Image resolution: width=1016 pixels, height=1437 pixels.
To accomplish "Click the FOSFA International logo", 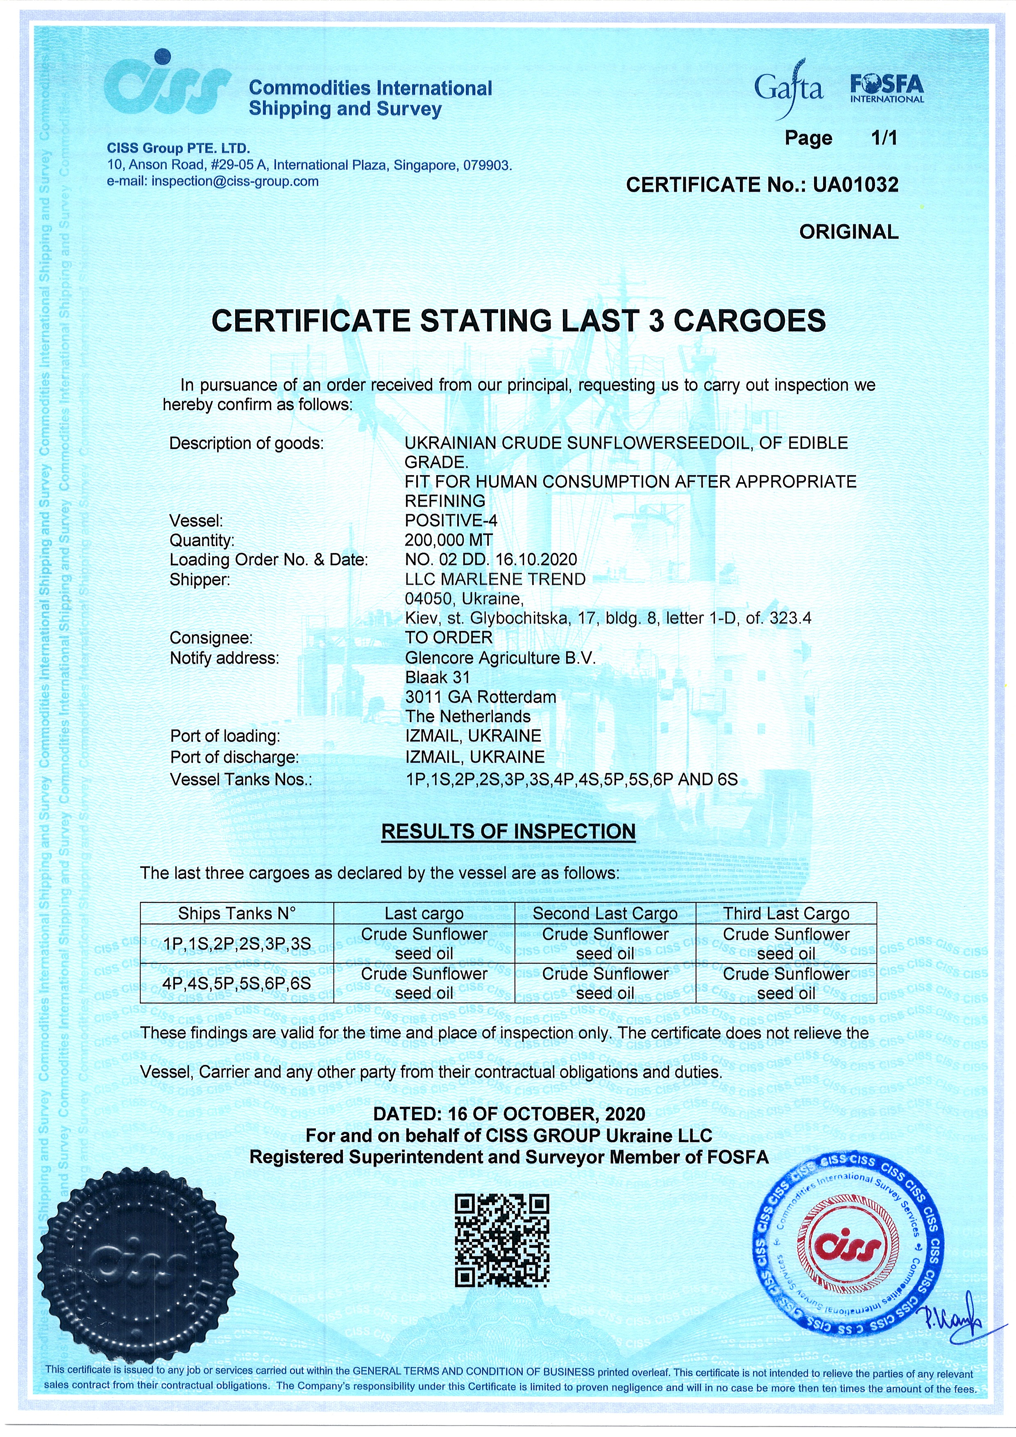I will tap(887, 89).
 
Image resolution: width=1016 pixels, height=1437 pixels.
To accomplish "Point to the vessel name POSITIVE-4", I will tap(451, 520).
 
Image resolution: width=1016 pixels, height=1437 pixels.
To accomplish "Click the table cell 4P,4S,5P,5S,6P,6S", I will tap(237, 983).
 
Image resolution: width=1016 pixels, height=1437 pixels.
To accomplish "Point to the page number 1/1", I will tap(884, 138).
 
